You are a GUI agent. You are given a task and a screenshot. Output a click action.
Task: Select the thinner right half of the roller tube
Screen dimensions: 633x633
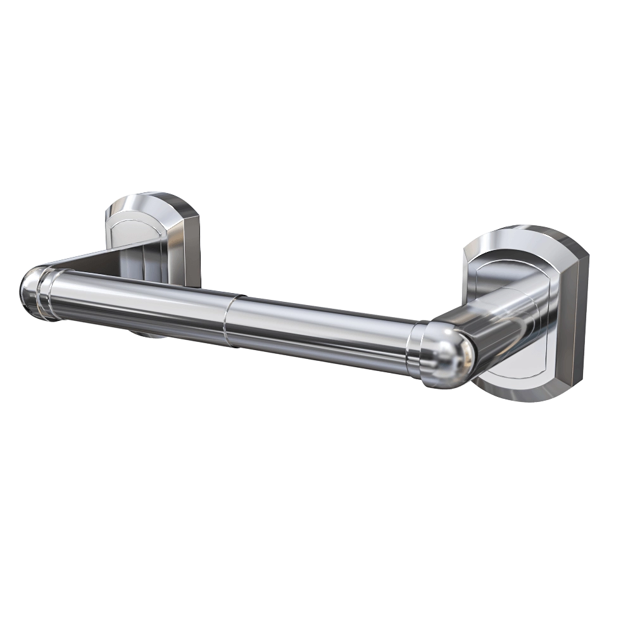coord(316,335)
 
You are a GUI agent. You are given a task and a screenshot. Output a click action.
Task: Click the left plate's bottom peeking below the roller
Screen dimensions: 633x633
coord(152,333)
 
